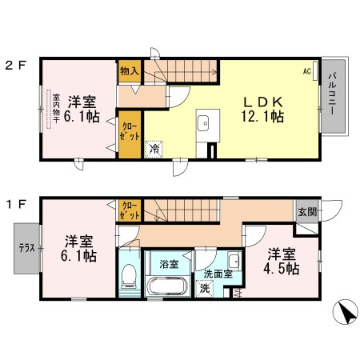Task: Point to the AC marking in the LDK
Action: [x=306, y=71]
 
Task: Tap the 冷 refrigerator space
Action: [x=152, y=148]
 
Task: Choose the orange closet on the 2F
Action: [x=128, y=131]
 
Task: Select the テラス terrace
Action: [x=26, y=247]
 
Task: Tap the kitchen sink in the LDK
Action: [x=202, y=124]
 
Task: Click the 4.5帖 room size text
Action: [x=282, y=270]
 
